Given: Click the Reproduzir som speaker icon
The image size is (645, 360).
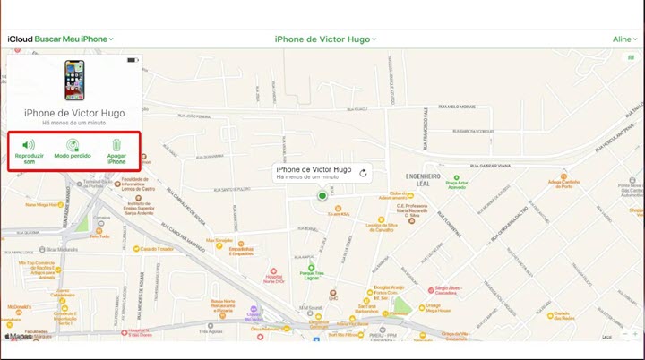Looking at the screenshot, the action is (x=29, y=144).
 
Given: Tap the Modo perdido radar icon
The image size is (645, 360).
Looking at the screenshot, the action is (x=73, y=144).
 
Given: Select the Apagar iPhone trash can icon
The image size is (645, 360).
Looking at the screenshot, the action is (x=116, y=144).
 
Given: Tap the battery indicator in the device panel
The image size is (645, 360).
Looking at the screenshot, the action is (x=132, y=60).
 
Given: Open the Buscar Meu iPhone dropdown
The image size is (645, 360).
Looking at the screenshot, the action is (x=74, y=39).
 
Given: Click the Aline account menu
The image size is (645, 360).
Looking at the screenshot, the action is (x=623, y=39).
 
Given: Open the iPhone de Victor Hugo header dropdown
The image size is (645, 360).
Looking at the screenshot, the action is (x=325, y=39).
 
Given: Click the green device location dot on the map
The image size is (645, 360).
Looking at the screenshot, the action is (x=322, y=195).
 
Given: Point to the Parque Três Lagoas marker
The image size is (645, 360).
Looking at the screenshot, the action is (x=311, y=273).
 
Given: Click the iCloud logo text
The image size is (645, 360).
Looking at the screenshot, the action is (x=20, y=39).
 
